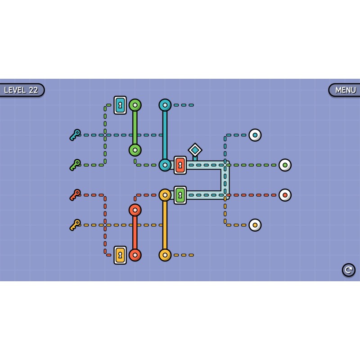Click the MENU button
click(345, 90)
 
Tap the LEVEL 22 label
click(21, 90)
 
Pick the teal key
click(75, 135)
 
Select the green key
click(75, 165)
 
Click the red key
click(75, 195)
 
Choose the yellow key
click(75, 225)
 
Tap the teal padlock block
click(120, 105)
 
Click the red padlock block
click(180, 165)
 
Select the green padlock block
click(180, 195)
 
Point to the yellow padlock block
click(120, 255)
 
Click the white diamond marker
click(195, 150)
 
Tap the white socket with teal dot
click(255, 135)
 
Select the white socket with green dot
click(285, 165)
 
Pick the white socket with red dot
click(285, 195)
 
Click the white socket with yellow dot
click(255, 225)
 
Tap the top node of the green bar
click(135, 105)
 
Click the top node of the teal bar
click(165, 105)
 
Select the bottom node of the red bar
click(135, 255)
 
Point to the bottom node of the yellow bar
click(165, 255)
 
